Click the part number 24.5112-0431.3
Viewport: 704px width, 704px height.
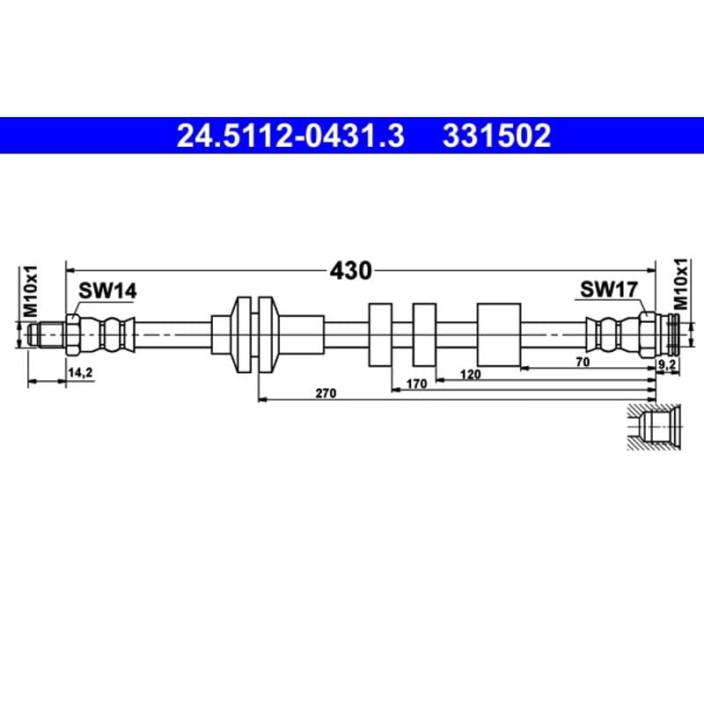click(290, 136)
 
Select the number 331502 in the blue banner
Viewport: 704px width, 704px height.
click(496, 136)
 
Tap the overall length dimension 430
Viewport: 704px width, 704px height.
click(350, 271)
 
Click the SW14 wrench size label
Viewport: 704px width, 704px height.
click(107, 291)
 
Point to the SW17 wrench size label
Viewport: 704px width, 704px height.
click(609, 290)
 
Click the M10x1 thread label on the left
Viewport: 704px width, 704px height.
click(31, 291)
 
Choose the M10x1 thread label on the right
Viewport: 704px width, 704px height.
click(680, 284)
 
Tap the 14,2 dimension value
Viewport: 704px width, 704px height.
click(80, 372)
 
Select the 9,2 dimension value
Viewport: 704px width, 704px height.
click(667, 365)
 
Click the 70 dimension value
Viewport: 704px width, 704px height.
click(583, 362)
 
